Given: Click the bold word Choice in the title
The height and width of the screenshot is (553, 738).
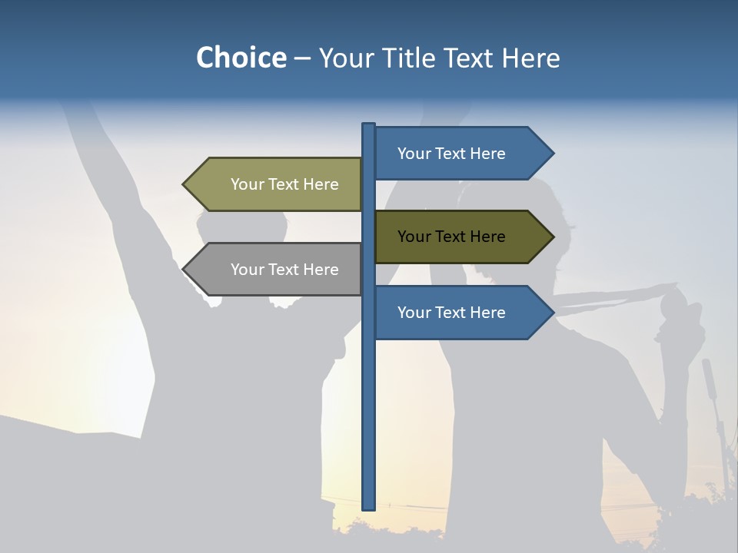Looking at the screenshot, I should (241, 58).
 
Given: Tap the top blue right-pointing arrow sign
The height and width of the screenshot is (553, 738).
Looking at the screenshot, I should (461, 154).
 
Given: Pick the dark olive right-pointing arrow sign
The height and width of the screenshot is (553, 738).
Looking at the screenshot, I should (461, 237).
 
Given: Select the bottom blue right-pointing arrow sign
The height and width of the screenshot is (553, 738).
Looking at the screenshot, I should (461, 313).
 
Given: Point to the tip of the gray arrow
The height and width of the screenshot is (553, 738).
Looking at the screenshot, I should (184, 270).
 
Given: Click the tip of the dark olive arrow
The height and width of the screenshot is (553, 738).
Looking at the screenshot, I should (553, 237).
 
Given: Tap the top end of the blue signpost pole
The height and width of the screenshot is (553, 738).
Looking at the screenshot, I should (368, 125).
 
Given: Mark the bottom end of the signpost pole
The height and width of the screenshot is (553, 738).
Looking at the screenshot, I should (368, 508).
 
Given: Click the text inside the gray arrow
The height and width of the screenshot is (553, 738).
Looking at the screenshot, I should (284, 270).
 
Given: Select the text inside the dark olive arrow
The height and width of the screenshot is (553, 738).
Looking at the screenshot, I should (451, 237).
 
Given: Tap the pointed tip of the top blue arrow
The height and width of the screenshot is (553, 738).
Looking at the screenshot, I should (553, 154).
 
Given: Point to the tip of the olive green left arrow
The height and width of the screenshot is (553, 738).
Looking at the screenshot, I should (184, 184).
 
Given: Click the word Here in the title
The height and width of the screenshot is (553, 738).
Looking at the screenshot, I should (530, 58).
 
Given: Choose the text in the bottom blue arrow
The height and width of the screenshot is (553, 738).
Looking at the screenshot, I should (451, 313).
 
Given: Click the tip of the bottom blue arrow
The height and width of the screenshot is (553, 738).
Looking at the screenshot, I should (553, 313).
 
